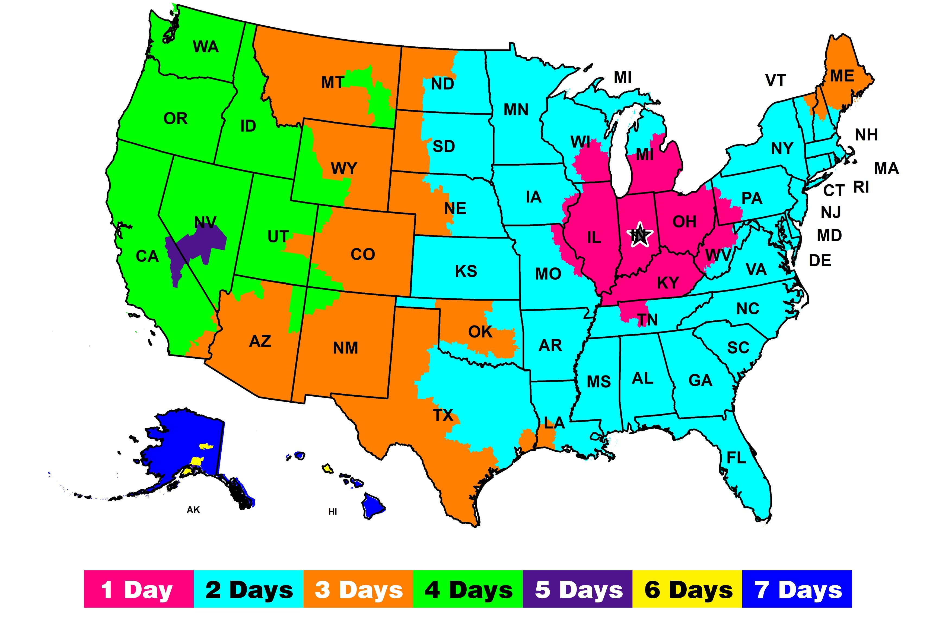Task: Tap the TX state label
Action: [x=443, y=415]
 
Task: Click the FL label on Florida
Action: [x=736, y=458]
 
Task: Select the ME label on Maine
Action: [x=842, y=76]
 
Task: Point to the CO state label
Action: [x=362, y=255]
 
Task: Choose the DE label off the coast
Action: [x=820, y=261]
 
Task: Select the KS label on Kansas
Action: [x=466, y=271]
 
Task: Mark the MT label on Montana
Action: [x=333, y=83]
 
